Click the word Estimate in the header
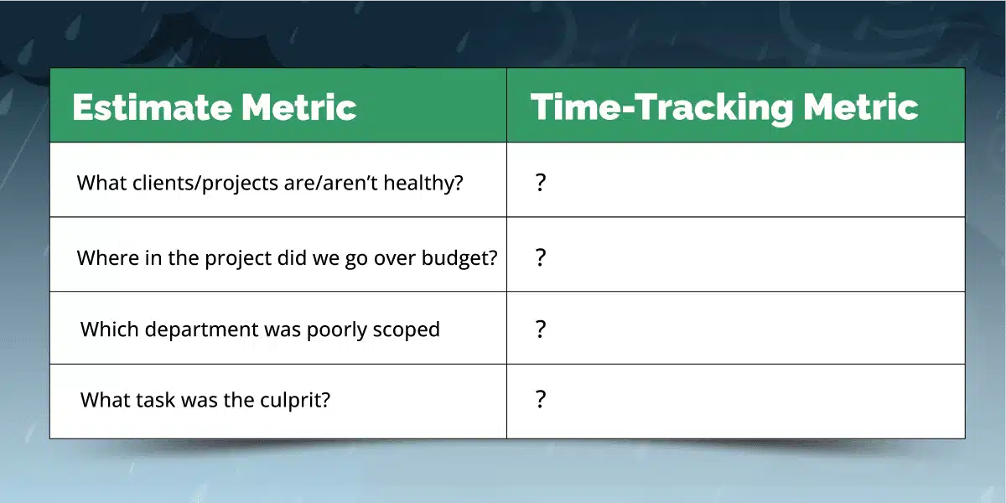[153, 107]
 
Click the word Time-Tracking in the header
[662, 108]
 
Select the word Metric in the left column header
[298, 107]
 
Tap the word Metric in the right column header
[860, 107]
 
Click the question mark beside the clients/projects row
[541, 183]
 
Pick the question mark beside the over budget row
[541, 257]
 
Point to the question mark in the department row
[541, 329]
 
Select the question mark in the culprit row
[541, 399]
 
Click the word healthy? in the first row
[423, 184]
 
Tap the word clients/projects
[205, 184]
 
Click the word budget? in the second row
[459, 258]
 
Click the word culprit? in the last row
[295, 400]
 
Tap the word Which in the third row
[110, 329]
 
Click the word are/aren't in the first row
[330, 183]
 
